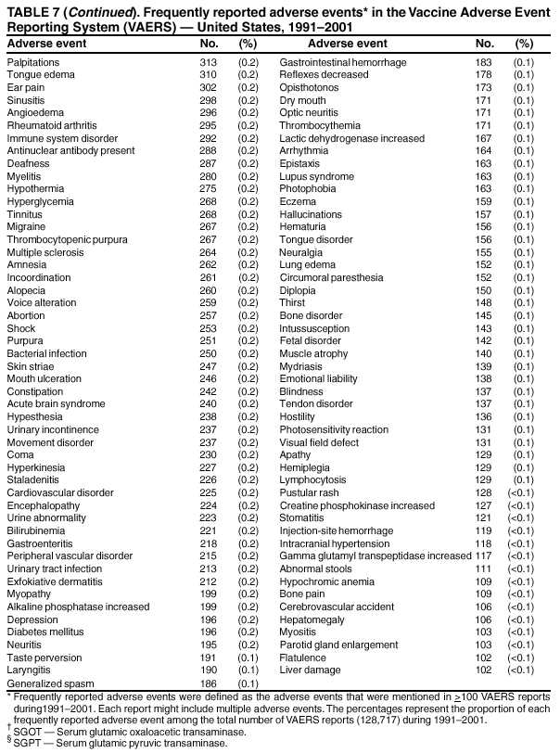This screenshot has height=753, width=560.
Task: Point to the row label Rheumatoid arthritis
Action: pos(49,124)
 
